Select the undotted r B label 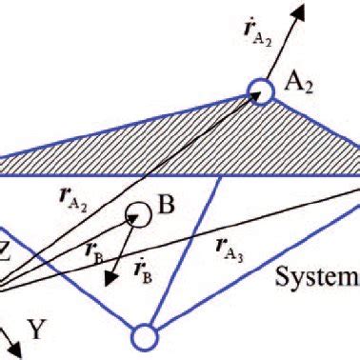[93, 251]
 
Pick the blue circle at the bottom [143, 337]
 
